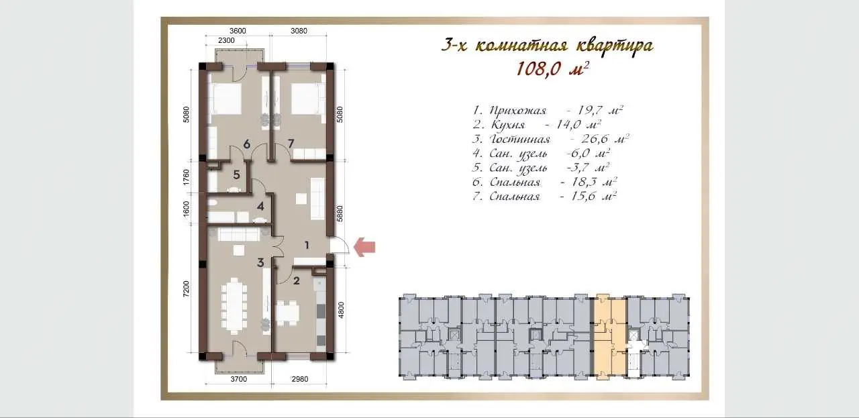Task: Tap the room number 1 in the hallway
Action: point(307,245)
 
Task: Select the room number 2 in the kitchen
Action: point(297,280)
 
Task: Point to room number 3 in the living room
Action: point(261,263)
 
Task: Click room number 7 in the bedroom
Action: point(291,144)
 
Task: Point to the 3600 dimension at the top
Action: point(238,31)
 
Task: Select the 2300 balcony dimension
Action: point(226,40)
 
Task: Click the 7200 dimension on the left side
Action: point(186,289)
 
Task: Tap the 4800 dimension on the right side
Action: point(341,310)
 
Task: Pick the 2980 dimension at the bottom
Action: point(300,379)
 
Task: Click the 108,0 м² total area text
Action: point(552,69)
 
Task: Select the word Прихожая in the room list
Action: point(517,111)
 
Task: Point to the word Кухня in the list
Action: point(508,125)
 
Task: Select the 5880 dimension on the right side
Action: point(340,213)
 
